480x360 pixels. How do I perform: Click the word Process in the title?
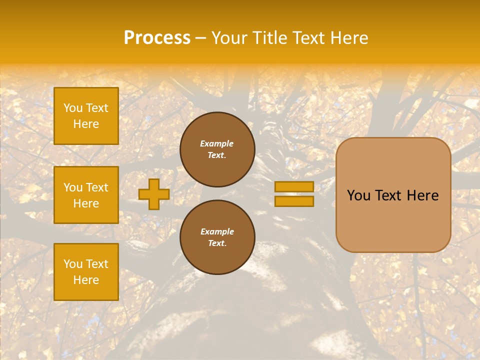157,38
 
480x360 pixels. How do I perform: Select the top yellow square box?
86,116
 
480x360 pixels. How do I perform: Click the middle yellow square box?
86,195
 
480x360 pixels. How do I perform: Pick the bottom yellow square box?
86,272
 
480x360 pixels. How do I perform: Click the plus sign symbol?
153,194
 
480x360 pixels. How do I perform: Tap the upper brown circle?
217,149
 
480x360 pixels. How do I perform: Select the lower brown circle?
217,237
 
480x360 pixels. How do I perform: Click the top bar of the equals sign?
294,186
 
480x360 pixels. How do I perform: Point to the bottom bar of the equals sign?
294,201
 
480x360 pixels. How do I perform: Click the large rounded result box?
393,195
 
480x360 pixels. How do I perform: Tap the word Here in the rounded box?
422,195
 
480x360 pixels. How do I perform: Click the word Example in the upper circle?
217,143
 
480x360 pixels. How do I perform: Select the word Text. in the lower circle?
217,243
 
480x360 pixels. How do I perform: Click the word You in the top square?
73,108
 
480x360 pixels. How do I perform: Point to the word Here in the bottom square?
86,280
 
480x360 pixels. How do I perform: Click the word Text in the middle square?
96,187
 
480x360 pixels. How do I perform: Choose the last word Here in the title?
349,38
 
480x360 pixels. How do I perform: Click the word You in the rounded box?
358,195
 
